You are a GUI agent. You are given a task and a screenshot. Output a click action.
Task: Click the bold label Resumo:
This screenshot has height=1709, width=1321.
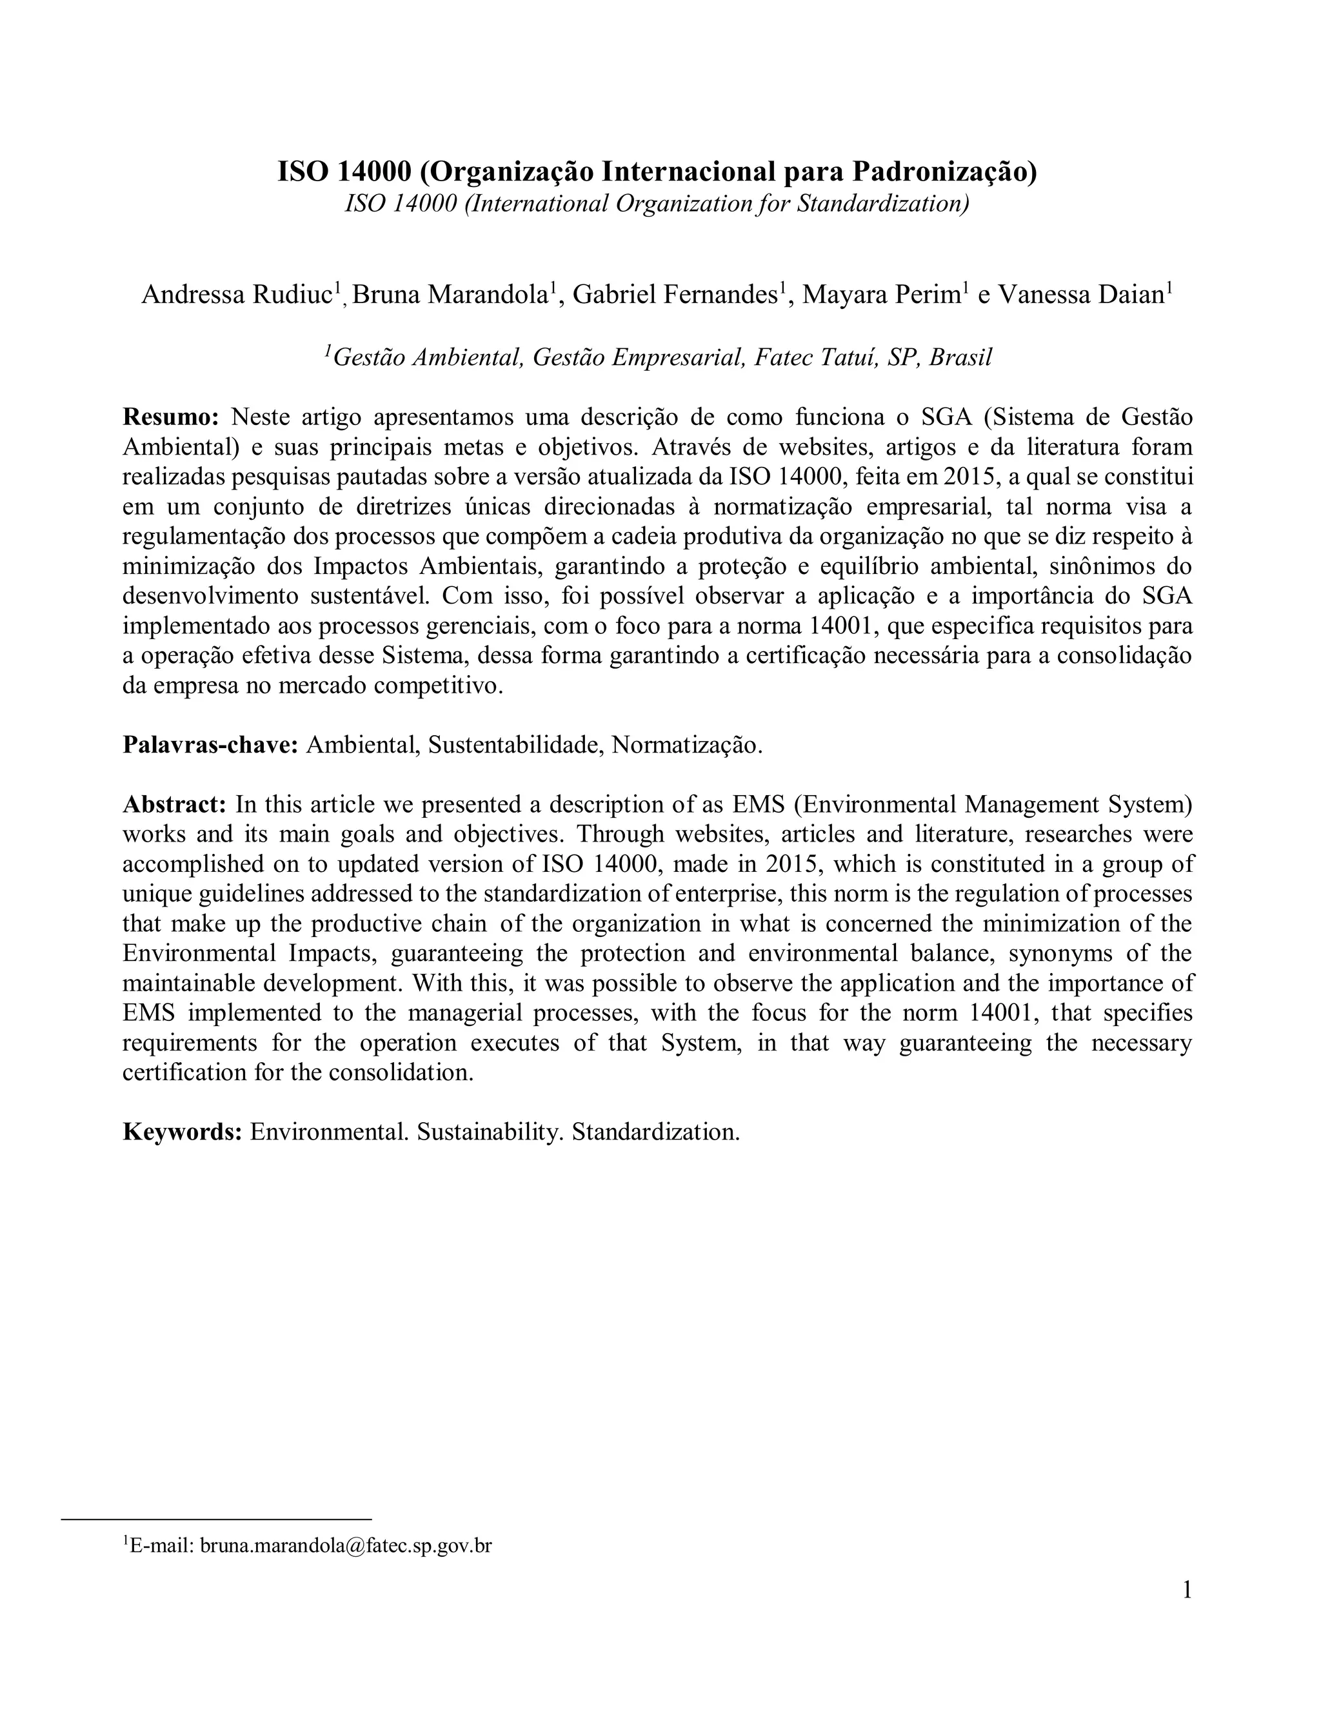tap(170, 417)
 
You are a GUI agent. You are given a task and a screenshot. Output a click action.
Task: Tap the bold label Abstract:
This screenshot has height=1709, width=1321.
tap(175, 804)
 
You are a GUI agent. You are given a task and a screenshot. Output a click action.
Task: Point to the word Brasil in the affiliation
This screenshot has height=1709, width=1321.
tap(960, 358)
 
